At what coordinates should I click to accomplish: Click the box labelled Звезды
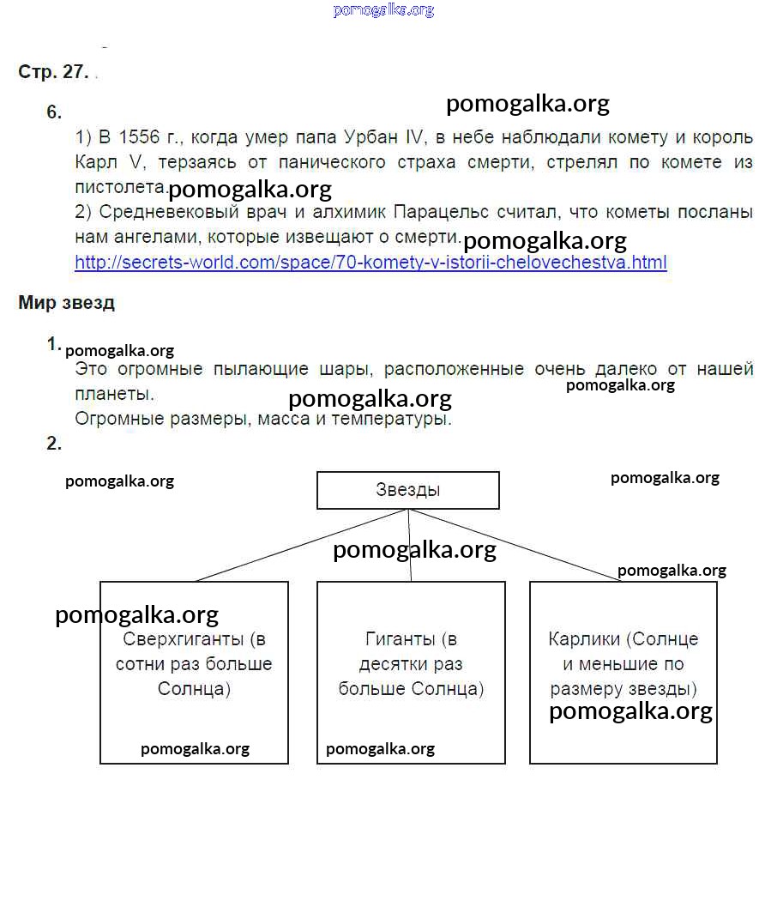[x=407, y=490]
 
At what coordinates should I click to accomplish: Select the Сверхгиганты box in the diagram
[x=194, y=672]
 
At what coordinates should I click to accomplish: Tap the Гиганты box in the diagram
[x=411, y=672]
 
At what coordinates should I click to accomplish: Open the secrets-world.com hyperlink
[x=370, y=263]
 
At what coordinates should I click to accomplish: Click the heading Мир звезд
[x=66, y=303]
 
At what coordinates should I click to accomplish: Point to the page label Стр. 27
[x=53, y=72]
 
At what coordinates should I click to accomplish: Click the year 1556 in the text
[x=140, y=137]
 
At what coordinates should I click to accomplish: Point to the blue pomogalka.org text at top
[x=383, y=10]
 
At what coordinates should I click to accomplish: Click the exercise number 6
[x=54, y=112]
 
